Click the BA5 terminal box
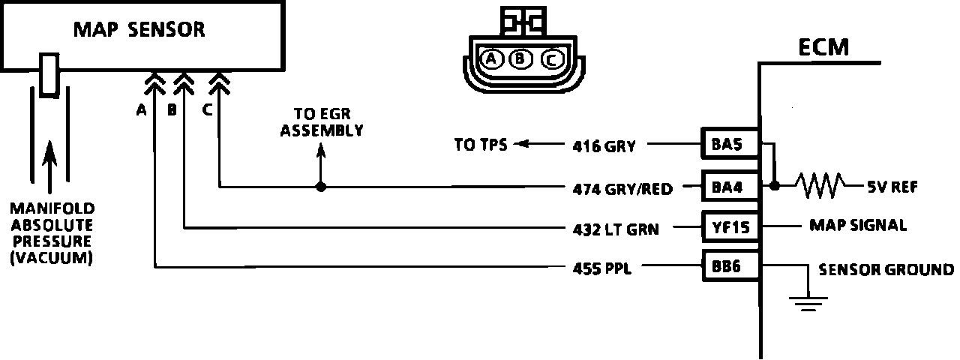click(727, 145)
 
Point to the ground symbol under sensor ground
click(807, 301)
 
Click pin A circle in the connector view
click(492, 58)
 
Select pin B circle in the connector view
click(520, 58)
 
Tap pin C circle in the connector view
click(549, 58)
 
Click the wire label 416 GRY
click(604, 146)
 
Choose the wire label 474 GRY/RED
click(622, 188)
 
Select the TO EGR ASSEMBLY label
click(322, 123)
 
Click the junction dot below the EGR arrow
click(321, 185)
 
